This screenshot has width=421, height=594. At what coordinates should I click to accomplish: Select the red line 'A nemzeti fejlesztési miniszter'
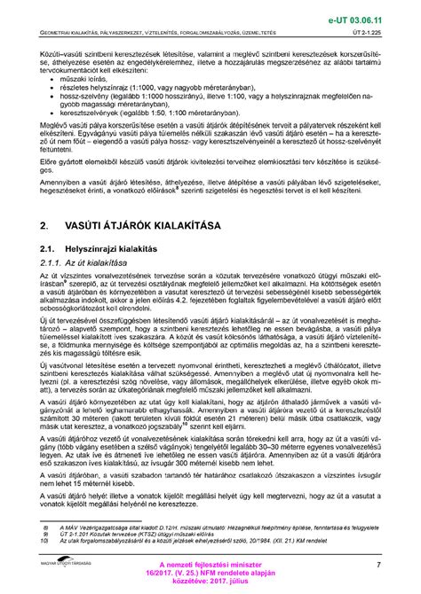(210, 564)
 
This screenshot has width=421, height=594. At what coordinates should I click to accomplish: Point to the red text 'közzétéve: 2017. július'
(210, 584)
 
